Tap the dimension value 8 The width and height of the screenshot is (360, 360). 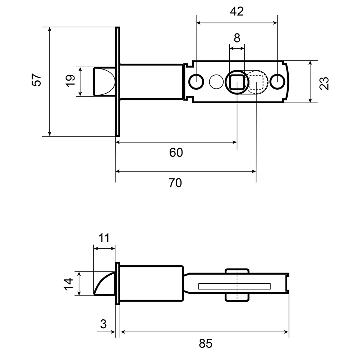(237, 38)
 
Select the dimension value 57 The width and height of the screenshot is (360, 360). (37, 80)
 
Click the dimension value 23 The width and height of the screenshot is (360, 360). (324, 83)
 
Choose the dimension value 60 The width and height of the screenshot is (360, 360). (176, 153)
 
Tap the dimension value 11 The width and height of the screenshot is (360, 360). (104, 238)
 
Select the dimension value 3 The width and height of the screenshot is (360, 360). (104, 324)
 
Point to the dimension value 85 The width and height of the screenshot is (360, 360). (206, 343)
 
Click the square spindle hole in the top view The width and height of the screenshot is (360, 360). (237, 82)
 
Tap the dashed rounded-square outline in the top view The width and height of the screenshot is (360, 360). (256, 82)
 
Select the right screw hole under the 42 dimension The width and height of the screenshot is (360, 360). (277, 81)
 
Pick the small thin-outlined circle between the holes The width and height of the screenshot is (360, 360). (216, 81)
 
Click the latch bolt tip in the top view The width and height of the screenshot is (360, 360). (104, 81)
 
